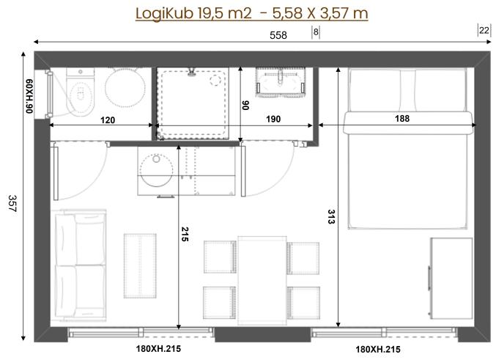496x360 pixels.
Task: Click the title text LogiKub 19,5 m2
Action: [194, 13]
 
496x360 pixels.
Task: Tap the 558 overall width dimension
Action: [278, 34]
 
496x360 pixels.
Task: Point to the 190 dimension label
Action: [274, 119]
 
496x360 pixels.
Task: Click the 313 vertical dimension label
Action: [331, 217]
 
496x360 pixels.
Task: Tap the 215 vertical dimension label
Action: [185, 235]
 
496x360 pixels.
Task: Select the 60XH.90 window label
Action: [30, 94]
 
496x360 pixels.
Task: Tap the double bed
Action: [407, 154]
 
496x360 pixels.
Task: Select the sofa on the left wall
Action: [78, 266]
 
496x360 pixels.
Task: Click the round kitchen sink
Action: [155, 170]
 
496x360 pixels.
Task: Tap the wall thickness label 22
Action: [484, 30]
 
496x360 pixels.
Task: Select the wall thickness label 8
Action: [316, 32]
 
